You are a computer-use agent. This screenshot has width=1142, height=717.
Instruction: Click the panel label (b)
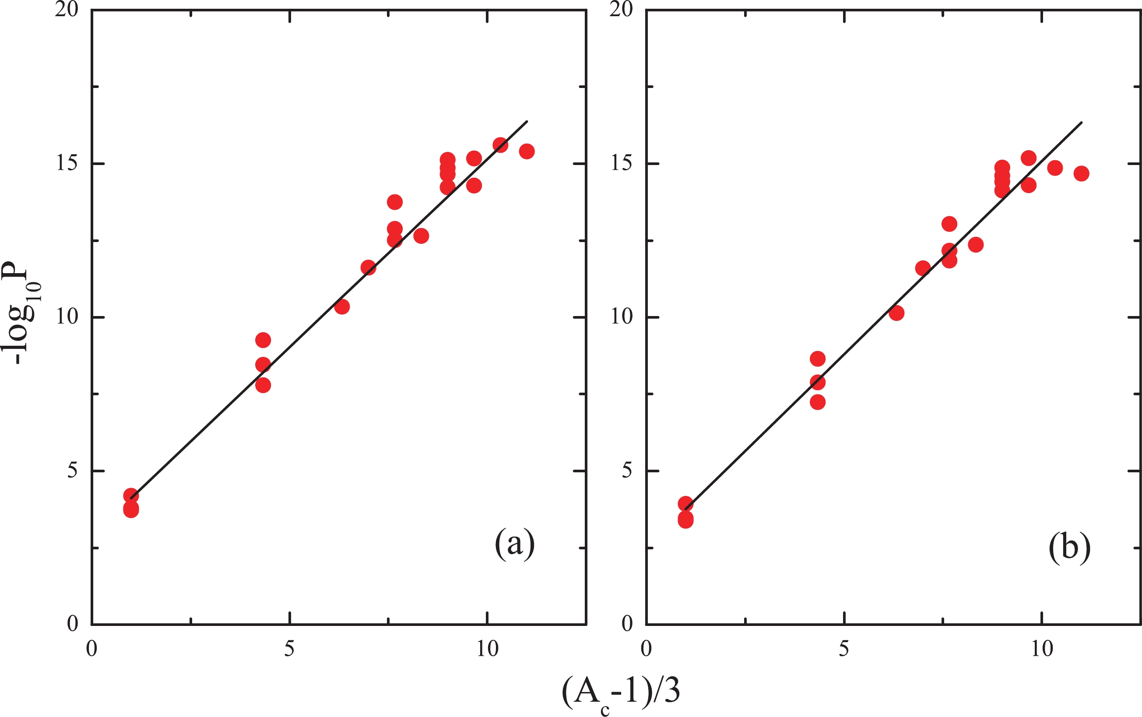(x=1069, y=548)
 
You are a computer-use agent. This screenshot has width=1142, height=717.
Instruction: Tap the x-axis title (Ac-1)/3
(x=621, y=693)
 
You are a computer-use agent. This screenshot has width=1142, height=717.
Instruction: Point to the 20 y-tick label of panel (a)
(x=66, y=10)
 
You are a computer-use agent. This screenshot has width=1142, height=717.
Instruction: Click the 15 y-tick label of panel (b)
(x=621, y=164)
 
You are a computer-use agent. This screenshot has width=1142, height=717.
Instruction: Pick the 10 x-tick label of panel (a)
(x=487, y=649)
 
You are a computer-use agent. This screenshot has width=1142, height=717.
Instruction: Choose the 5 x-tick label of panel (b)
(x=843, y=649)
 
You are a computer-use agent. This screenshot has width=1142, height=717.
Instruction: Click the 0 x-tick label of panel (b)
(x=646, y=649)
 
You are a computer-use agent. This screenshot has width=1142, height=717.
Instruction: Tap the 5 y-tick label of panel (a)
(x=72, y=471)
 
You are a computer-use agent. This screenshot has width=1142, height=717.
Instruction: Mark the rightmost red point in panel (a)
(x=527, y=151)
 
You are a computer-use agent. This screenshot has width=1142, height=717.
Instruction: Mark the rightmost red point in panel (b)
(x=1081, y=173)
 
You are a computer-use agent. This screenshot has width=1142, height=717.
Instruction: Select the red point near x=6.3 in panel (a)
(x=342, y=307)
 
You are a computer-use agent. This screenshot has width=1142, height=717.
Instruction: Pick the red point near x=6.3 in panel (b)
(x=896, y=313)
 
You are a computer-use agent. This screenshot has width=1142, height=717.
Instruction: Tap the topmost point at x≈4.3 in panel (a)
(x=263, y=340)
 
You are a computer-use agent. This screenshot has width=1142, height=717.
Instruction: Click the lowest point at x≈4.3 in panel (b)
(x=818, y=402)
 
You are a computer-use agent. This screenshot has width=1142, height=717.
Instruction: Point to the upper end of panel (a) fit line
(x=527, y=121)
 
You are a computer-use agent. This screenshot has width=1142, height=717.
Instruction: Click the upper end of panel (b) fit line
(x=1081, y=123)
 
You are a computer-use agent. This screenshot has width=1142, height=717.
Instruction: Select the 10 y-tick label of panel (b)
(x=621, y=317)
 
